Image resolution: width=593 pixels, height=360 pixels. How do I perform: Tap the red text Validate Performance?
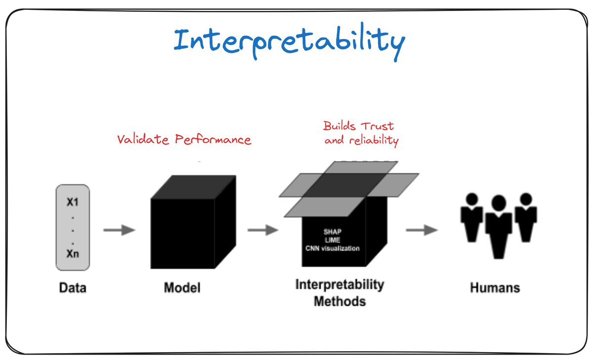tap(184, 140)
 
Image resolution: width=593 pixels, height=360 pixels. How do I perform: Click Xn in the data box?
tap(73, 255)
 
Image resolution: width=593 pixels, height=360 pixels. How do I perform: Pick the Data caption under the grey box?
tap(73, 287)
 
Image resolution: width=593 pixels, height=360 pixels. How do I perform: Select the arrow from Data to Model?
tap(119, 230)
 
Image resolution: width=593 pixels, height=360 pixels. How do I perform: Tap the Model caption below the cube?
tap(182, 287)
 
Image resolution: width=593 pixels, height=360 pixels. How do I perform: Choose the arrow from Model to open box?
tap(262, 230)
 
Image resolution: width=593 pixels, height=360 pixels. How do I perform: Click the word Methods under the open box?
tap(339, 300)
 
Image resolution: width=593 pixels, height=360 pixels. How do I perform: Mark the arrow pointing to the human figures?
tap(422, 230)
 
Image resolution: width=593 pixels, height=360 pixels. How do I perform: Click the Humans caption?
tap(495, 287)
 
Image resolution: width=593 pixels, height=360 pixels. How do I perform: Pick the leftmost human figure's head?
tap(472, 199)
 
